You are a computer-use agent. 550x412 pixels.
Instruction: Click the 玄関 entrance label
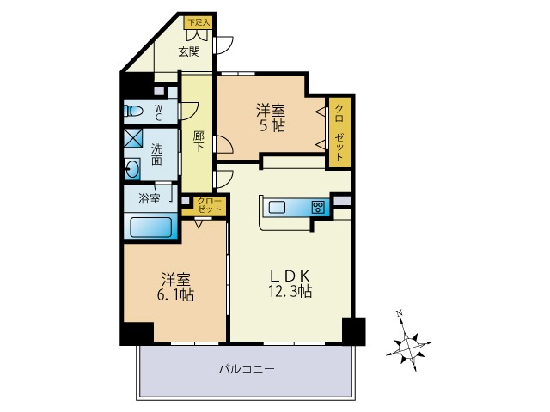(189, 51)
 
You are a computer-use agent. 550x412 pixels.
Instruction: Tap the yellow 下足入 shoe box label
(199, 22)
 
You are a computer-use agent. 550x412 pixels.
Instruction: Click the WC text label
(159, 110)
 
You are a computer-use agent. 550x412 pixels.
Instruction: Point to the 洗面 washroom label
(157, 153)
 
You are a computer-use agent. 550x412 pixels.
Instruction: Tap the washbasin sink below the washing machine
(132, 168)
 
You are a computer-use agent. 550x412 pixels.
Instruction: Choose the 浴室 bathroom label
(150, 199)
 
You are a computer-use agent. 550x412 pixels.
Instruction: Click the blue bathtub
(152, 227)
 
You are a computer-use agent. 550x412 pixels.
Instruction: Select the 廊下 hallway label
(199, 141)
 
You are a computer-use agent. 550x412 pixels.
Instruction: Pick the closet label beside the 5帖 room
(339, 133)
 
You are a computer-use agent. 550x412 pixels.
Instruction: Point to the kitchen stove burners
(318, 206)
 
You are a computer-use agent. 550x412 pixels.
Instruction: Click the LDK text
(289, 275)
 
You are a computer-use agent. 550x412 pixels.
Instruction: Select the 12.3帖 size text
(289, 292)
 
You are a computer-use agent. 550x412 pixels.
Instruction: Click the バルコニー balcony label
(246, 369)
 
